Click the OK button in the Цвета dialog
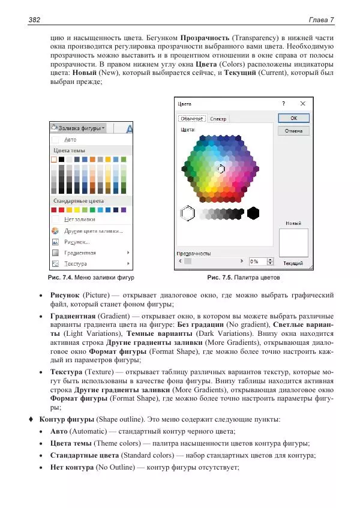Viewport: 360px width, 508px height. click(x=293, y=118)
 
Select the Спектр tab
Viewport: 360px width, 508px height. click(x=218, y=119)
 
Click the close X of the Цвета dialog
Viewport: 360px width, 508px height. click(x=302, y=104)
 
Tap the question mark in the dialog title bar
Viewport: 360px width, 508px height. click(x=283, y=104)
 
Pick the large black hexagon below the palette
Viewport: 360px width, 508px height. click(x=253, y=212)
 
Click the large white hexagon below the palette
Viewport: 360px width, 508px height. click(x=187, y=213)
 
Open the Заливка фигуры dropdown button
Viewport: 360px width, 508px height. click(x=79, y=128)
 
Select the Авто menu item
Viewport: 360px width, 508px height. click(x=70, y=140)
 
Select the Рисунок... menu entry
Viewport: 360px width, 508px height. click(x=77, y=242)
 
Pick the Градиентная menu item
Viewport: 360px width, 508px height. click(x=80, y=253)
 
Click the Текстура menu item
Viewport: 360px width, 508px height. click(x=76, y=263)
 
